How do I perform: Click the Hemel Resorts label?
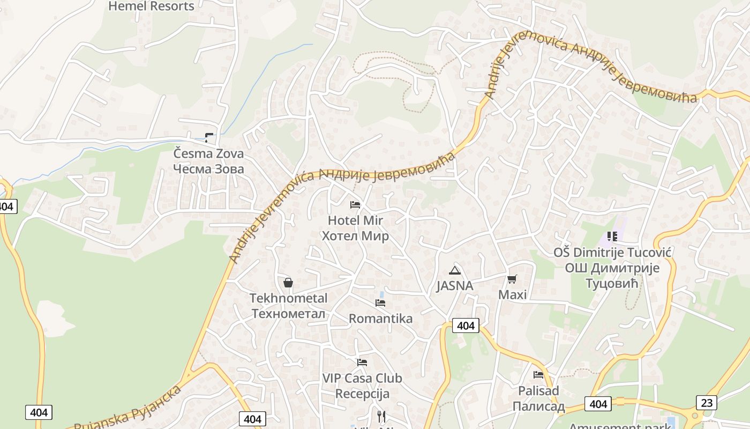[151, 6]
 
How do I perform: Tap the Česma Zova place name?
[208, 161]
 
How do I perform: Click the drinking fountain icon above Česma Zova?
[209, 138]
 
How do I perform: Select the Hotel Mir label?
[355, 228]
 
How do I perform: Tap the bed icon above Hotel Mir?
[355, 205]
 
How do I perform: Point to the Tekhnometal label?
[288, 306]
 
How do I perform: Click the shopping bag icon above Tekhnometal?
[288, 283]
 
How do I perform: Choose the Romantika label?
[380, 319]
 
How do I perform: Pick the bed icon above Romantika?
[380, 303]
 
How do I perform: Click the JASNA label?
[455, 286]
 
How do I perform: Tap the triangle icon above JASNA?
[455, 270]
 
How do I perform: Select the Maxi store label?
[513, 294]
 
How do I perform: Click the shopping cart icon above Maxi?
[512, 279]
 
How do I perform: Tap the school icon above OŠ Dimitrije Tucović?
[612, 236]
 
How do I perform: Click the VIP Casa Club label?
[362, 386]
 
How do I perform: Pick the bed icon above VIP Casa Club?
[362, 363]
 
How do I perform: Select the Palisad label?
[538, 398]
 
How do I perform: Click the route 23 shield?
[707, 402]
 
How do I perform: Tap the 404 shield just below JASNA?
[466, 326]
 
